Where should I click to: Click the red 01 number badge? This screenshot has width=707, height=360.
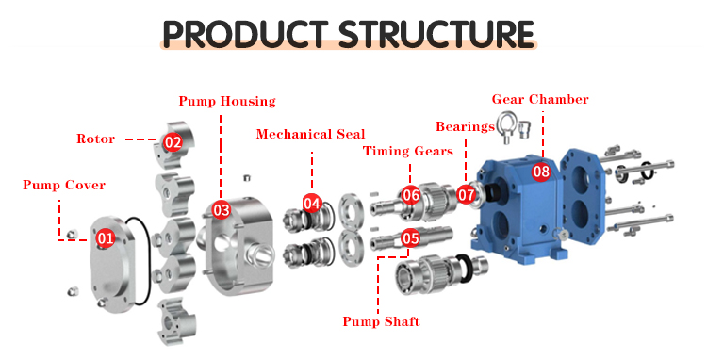coord(106,237)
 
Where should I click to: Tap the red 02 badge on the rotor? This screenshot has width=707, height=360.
coord(173,142)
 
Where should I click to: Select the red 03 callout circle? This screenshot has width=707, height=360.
coord(222,210)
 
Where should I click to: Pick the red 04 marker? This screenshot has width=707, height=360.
coord(312,204)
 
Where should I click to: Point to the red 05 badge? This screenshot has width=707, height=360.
coord(410,237)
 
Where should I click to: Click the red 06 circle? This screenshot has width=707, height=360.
coord(411,195)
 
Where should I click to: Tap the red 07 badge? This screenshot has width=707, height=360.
coord(467,195)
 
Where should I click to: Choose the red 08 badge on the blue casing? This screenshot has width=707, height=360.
coord(541,172)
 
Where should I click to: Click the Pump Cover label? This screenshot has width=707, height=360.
coord(64,185)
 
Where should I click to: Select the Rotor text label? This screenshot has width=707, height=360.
coord(95,139)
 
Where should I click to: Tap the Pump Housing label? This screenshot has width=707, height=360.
coord(227,101)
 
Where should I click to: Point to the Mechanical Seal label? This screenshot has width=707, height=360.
coord(311,134)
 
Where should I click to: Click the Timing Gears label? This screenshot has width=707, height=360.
coord(408,151)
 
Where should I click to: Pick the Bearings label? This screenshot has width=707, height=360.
coord(465,126)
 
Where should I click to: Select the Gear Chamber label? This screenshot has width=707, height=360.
coord(540,99)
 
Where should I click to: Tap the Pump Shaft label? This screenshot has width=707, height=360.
coord(382,321)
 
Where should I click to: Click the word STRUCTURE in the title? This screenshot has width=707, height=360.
coord(436,34)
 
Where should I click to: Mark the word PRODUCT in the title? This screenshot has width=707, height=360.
coord(245,34)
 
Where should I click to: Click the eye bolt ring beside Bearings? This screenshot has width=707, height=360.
coord(506,122)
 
